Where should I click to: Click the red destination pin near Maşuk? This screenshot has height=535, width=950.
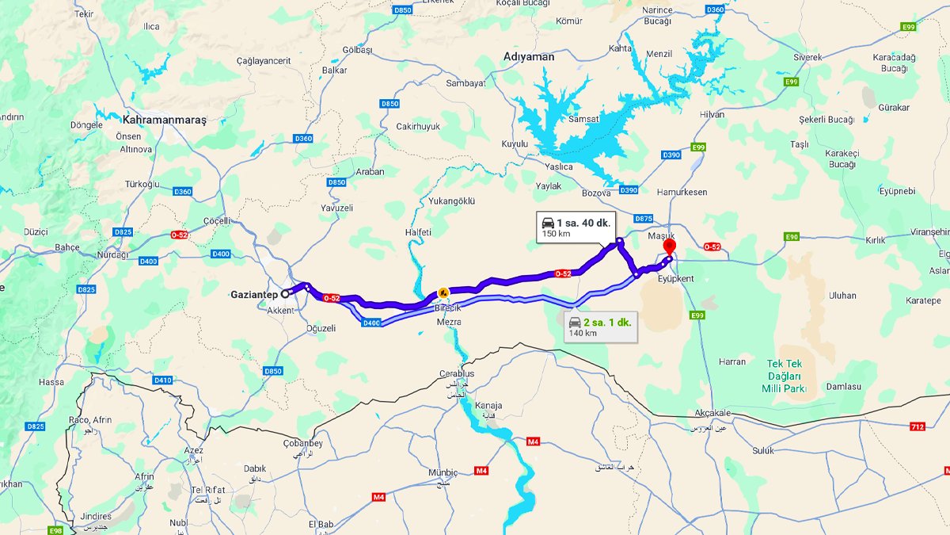click(669, 245)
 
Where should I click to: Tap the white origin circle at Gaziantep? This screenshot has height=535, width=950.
click(285, 293)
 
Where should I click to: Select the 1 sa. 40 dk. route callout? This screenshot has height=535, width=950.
click(575, 227)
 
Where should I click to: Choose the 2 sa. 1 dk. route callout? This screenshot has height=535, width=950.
click(599, 326)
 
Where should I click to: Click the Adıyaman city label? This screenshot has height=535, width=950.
click(529, 57)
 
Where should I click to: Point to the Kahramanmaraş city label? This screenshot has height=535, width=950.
click(164, 120)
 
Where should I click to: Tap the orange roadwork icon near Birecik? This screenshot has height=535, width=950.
click(443, 292)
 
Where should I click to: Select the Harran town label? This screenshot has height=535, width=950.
click(732, 361)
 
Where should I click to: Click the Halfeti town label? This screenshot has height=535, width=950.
click(418, 231)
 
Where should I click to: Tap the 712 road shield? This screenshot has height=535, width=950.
click(918, 427)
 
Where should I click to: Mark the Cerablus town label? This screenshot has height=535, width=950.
click(457, 374)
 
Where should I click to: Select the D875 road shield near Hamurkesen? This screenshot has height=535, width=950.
click(644, 218)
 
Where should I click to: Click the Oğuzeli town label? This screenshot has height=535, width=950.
click(321, 328)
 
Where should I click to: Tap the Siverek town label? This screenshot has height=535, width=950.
click(807, 57)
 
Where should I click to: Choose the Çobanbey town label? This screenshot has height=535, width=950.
click(302, 443)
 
